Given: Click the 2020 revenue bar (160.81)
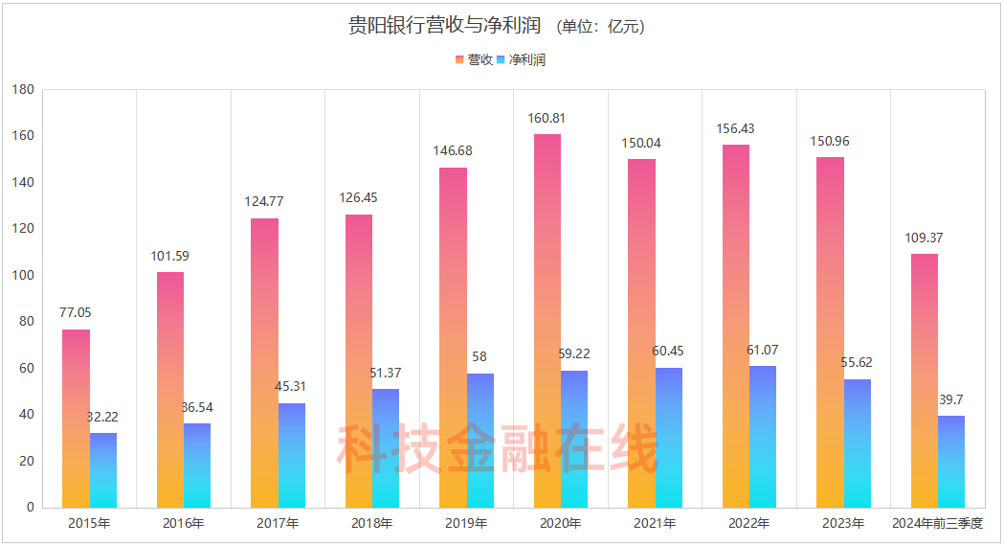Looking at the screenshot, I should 547,321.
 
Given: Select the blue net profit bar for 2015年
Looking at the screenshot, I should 103,470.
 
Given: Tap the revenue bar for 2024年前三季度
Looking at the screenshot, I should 925,380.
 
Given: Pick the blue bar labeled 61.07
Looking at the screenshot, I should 763,437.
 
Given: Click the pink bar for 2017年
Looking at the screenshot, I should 265,363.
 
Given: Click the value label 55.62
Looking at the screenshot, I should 857,363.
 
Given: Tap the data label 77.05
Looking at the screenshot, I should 76,312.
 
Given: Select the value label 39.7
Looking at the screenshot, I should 951,399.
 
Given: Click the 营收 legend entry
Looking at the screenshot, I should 475,59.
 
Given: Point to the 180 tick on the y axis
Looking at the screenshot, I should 24,90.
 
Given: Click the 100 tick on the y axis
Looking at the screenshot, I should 24,276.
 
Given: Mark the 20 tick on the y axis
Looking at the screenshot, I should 28,461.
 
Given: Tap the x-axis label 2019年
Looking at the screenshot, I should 466,523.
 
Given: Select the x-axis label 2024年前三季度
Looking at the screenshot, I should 937,523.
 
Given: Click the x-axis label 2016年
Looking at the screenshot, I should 184,523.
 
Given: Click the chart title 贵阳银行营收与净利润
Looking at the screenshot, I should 445,26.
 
